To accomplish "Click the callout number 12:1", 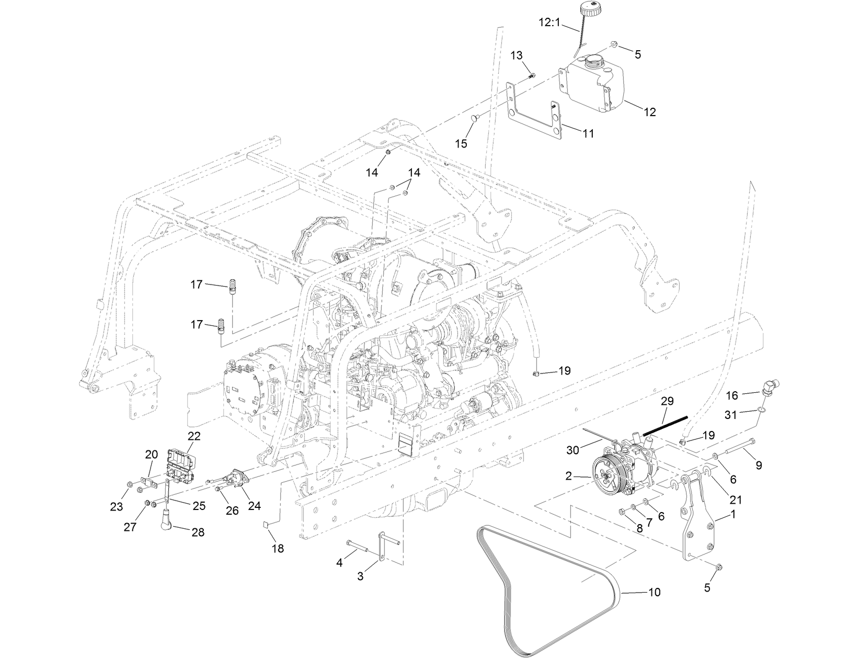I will (550, 22).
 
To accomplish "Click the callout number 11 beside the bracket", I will (588, 134).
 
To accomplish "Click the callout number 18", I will (278, 549).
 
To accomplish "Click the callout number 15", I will (462, 143).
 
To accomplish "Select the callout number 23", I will (116, 506).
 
